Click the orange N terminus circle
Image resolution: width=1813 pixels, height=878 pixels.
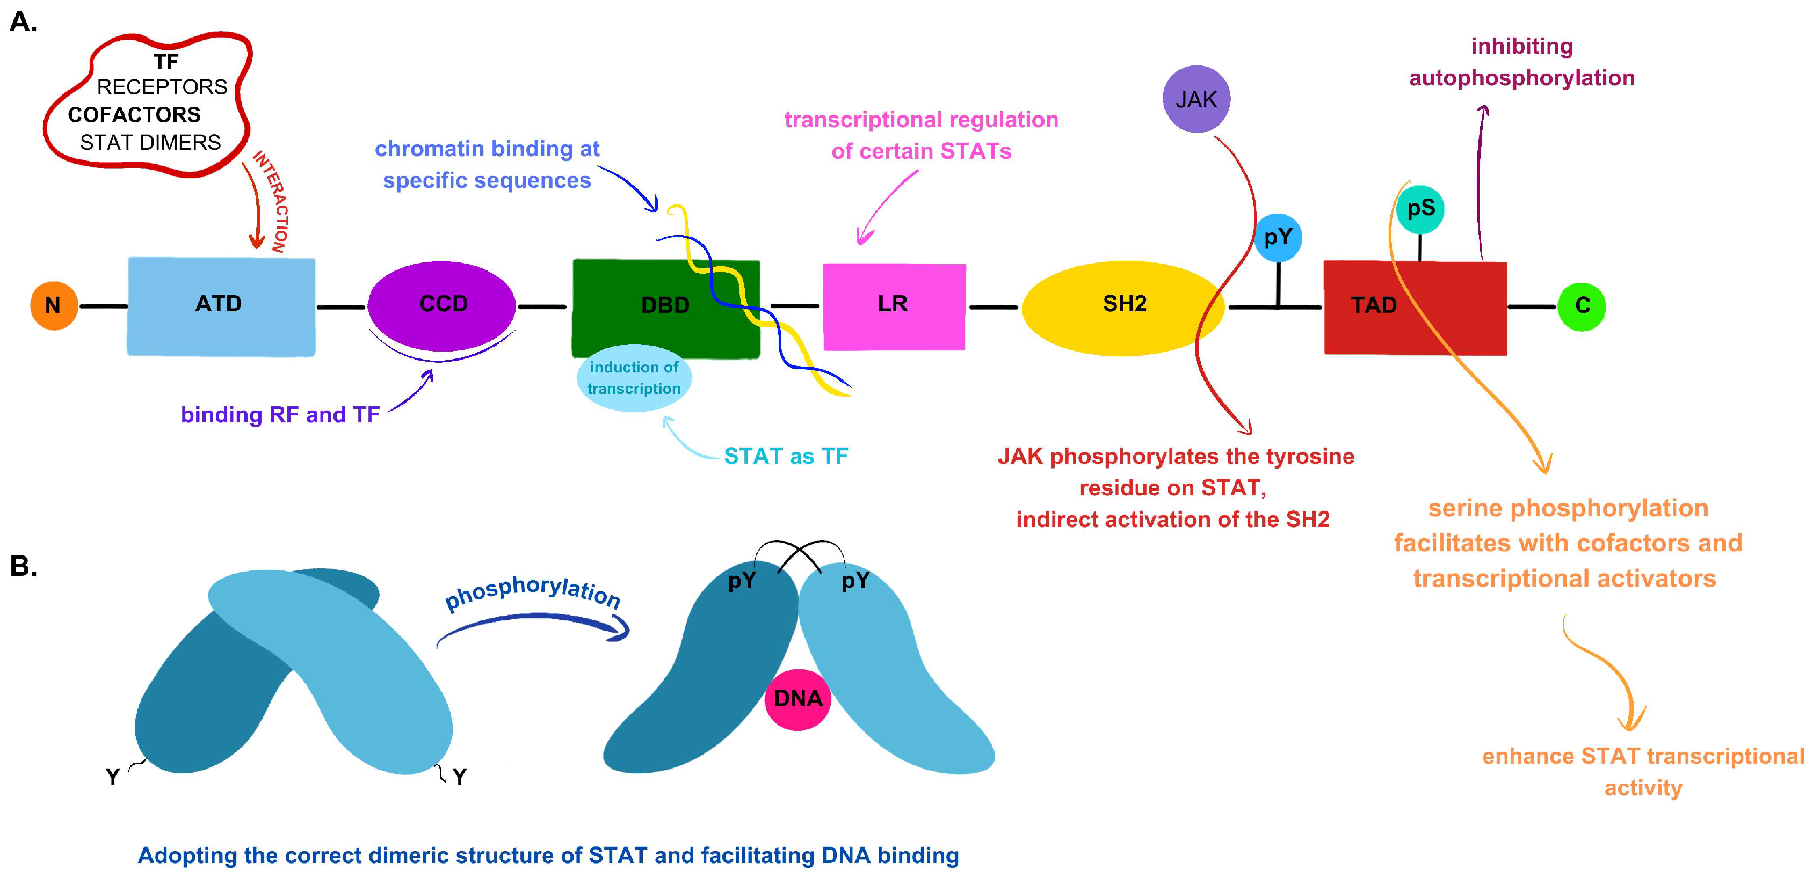coord(54,305)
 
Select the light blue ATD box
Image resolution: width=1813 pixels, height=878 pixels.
coord(220,305)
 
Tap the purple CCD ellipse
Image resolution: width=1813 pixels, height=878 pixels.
coord(442,305)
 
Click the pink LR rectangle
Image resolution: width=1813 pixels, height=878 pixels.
coord(894,305)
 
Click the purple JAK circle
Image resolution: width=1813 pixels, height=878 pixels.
coord(1196,99)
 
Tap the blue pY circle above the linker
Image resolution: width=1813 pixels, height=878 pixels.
coord(1278,238)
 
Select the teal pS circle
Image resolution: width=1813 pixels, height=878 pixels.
coord(1419,209)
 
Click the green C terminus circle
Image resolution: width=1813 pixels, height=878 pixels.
coord(1582,306)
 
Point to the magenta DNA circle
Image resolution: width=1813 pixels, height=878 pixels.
coord(797,699)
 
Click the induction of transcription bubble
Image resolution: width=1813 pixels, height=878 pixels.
coord(634,378)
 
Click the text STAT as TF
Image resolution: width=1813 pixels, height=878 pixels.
coord(786,457)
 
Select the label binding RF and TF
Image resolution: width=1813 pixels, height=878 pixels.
coord(280,415)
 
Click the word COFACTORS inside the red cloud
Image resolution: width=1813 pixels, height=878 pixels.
coord(134,115)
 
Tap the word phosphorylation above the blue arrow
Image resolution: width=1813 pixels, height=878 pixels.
coord(533,591)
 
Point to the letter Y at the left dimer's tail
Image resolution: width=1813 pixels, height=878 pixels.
coord(113,777)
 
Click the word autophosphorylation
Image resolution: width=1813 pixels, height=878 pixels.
coord(1521,78)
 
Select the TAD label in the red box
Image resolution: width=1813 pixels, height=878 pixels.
coord(1373,305)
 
